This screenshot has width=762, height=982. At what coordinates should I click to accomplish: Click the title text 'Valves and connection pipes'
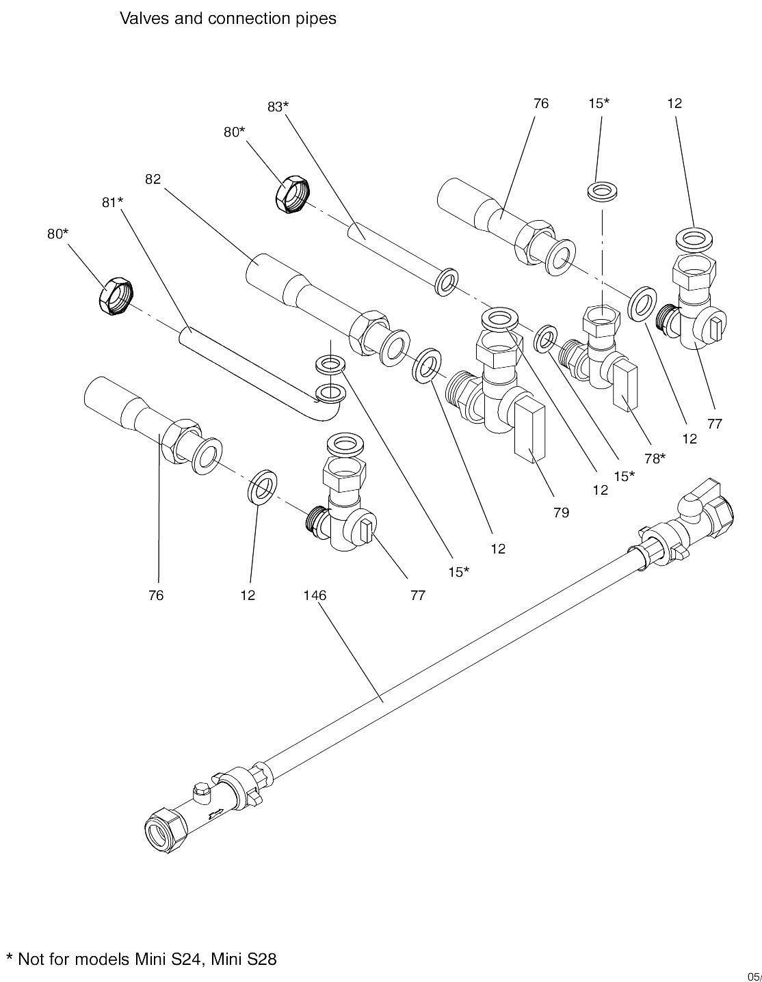coord(228,18)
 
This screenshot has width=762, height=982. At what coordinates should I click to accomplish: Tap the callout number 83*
coord(278,107)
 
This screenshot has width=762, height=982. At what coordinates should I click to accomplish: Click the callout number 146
coord(315,595)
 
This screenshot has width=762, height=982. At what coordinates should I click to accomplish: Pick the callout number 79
coord(561,513)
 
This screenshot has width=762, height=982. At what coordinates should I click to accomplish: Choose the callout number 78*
coord(654,458)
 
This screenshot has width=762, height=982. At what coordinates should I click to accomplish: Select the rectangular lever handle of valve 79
coord(529,433)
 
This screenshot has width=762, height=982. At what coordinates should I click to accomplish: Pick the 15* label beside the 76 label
coord(599,103)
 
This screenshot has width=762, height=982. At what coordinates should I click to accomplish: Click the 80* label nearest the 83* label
coord(234,132)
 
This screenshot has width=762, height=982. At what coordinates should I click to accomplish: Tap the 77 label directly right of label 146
coord(417,595)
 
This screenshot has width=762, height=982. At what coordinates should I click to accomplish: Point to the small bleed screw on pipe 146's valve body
coord(201,791)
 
